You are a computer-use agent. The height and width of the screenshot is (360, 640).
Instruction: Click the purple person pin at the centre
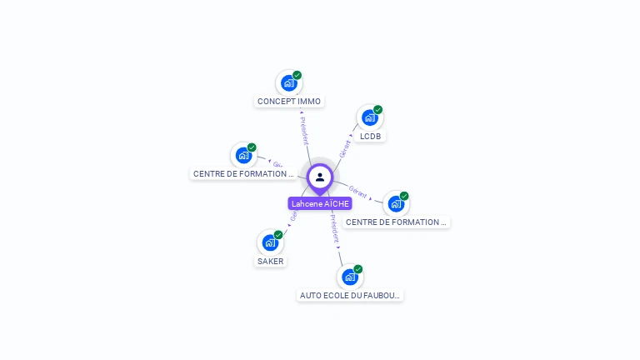pos(320,177)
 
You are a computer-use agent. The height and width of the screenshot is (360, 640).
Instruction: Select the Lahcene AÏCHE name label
pos(320,203)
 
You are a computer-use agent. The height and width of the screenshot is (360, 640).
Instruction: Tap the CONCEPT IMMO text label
pos(289,102)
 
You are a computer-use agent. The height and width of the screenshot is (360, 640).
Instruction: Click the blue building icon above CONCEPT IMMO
pos(288,82)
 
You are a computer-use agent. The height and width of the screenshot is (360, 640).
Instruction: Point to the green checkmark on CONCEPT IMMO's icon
pos(297,75)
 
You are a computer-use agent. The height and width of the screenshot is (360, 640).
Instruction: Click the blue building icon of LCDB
pos(369,117)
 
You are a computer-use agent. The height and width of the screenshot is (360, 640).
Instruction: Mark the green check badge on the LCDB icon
pos(378,109)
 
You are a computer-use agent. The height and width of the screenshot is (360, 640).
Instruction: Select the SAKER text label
pos(270,261)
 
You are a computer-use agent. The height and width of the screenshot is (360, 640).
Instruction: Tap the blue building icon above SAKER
pos(269,242)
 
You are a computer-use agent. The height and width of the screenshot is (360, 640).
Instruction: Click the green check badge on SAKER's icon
pos(278,234)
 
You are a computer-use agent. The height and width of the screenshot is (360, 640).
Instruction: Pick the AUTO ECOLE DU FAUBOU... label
pos(350,295)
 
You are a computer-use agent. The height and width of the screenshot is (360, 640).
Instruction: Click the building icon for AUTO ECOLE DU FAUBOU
pos(349,277)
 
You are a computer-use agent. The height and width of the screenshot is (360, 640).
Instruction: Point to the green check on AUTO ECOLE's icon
pos(358,268)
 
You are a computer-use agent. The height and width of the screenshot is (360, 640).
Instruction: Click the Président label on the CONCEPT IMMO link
pos(304,132)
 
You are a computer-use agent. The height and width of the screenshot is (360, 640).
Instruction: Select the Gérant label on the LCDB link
pos(345,148)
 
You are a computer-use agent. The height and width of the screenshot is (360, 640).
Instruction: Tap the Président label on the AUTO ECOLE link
pos(334,227)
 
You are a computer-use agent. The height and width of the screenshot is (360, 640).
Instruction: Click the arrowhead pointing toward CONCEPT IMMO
pos(302,112)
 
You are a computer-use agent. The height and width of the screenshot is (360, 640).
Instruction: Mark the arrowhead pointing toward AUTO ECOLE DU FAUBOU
pos(338,247)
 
